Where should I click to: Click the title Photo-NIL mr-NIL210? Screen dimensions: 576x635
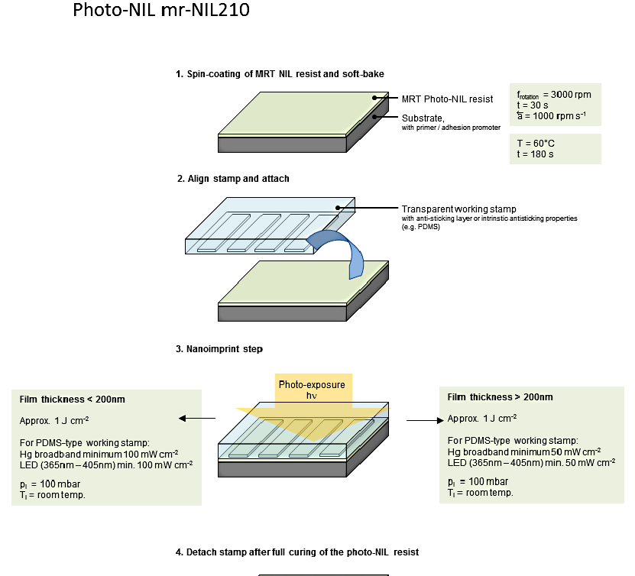coord(160,12)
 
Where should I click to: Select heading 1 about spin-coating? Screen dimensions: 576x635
coord(280,74)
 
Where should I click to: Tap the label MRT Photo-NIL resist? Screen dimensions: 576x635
coord(447,99)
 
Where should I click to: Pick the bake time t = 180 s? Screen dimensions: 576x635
coord(534,154)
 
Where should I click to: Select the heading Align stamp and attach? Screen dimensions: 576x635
coord(233,179)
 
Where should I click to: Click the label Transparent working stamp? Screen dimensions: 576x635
coord(458,209)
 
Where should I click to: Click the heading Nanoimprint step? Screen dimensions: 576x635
coord(219,349)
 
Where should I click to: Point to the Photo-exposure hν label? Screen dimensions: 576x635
coord(312,390)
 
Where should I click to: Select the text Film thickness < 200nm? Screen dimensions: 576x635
coord(73,400)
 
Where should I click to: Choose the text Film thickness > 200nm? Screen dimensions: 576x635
coord(501,397)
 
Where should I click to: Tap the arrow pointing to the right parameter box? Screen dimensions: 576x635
coord(425,420)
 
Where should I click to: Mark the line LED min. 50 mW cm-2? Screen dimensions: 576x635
coord(532,462)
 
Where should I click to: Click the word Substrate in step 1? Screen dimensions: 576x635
coord(423,118)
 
